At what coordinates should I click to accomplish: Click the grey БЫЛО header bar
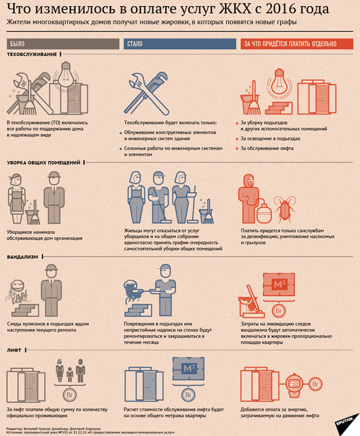coord(63,44)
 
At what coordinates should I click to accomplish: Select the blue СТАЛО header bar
coord(180,44)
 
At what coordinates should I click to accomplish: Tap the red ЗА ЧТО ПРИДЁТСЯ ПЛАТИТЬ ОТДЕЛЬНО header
coord(297,44)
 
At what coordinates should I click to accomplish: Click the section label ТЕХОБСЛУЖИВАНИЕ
coord(32,55)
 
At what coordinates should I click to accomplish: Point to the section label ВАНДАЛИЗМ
coord(23,257)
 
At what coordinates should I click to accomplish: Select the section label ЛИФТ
coord(14,350)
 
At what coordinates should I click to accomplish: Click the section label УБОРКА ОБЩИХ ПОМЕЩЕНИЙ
coord(44,163)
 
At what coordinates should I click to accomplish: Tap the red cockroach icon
coord(284,209)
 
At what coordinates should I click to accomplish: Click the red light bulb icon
coord(280,83)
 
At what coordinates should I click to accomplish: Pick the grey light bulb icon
coord(66,74)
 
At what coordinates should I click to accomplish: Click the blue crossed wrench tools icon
coord(146,94)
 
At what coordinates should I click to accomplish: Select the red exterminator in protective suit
coord(249,199)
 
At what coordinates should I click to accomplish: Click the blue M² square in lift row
coord(188,369)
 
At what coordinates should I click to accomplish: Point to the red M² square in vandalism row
coord(279,285)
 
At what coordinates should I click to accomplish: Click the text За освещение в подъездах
coord(270,139)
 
